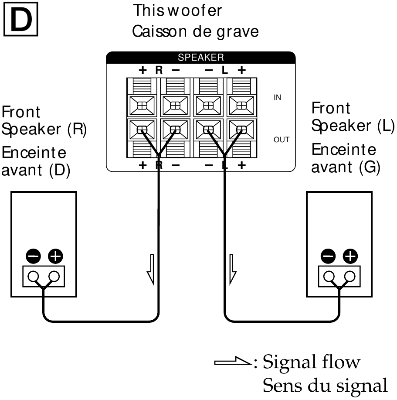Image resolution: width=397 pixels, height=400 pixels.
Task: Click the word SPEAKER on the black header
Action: click(x=200, y=57)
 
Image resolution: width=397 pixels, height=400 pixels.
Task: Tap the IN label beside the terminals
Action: click(x=277, y=98)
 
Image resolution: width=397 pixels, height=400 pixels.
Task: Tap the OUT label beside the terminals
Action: click(x=281, y=140)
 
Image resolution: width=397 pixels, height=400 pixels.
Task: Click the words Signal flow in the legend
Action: click(x=312, y=362)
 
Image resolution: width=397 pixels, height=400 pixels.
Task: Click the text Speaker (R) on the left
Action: click(x=44, y=129)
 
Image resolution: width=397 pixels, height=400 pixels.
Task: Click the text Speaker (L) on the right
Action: click(x=353, y=126)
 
